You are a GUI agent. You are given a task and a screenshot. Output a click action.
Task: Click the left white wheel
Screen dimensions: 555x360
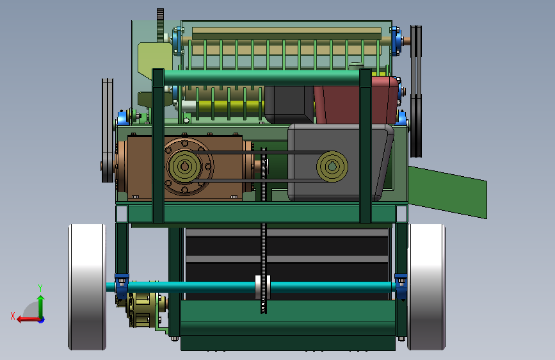87,287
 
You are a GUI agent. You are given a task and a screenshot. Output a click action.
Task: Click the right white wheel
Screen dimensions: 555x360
426,287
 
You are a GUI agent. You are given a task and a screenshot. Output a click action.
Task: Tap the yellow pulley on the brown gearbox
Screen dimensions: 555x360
184,166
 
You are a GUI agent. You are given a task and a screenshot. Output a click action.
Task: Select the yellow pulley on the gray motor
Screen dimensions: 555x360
332,166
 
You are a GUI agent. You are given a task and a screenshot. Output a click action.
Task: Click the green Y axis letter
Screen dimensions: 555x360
40,288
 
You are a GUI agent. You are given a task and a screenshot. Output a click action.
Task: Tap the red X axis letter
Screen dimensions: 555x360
13,316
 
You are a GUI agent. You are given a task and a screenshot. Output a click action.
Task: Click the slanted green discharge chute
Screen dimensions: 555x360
447,192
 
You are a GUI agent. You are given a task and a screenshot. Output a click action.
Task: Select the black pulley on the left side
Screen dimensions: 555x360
108,131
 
